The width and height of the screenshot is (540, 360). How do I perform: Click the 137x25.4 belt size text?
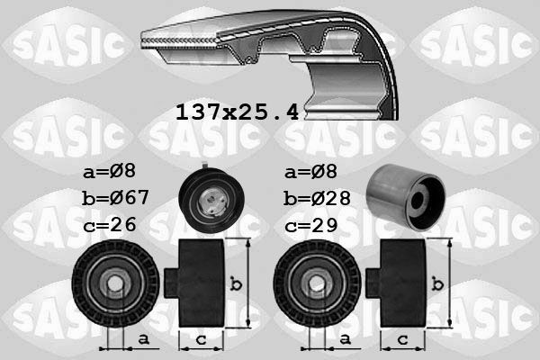pyautogui.click(x=236, y=112)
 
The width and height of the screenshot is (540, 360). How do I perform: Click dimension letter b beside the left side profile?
pyautogui.click(x=236, y=284)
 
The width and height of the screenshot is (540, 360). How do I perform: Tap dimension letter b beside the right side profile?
pyautogui.click(x=438, y=284)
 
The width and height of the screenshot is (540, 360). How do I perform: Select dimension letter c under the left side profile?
pyautogui.click(x=200, y=339)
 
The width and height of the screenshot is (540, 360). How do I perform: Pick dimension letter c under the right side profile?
pyautogui.click(x=402, y=339)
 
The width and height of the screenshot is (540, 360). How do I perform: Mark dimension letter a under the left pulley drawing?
pyautogui.click(x=144, y=339)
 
